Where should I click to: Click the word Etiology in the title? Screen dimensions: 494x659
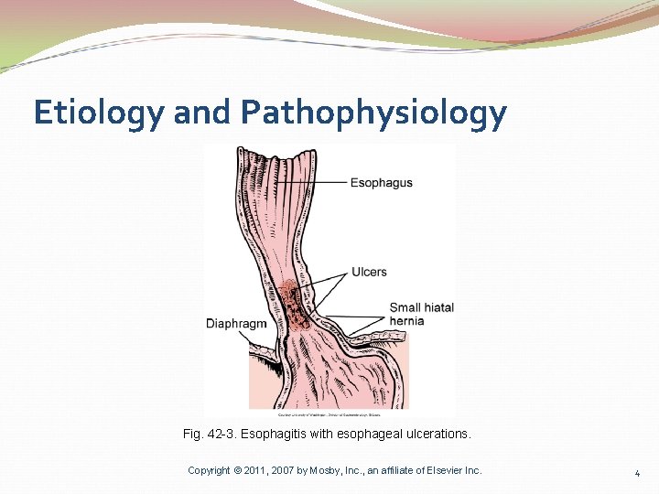coord(98,113)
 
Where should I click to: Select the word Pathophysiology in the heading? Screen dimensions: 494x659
coord(373,113)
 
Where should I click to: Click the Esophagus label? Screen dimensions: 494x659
coord(381,183)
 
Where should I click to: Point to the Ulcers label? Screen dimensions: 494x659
coord(369,272)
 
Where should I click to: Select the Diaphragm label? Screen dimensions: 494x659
coord(236,324)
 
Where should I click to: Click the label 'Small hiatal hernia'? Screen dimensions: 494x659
coord(421,314)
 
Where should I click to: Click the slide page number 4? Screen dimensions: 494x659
coord(637,473)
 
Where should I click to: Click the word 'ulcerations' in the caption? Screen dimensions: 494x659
coord(438,435)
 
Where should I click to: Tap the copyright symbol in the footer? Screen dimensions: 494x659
coord(237,470)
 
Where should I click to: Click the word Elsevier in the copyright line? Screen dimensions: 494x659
coord(443,470)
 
